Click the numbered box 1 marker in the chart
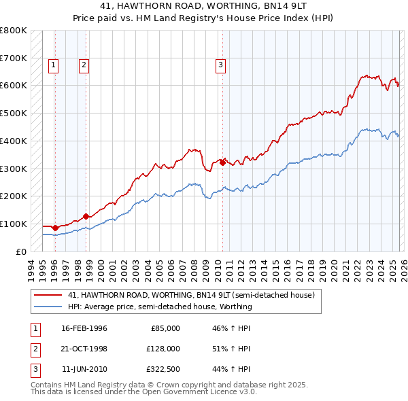[54, 65]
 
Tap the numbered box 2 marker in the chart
[84, 65]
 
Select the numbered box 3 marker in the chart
[221, 65]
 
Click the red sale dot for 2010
[222, 162]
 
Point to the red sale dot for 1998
[86, 216]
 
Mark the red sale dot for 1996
[55, 228]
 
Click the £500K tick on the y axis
[13, 113]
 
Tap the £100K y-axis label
[13, 224]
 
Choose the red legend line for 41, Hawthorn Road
[48, 296]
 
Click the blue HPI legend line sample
[48, 307]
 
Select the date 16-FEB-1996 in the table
[84, 328]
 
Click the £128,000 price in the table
[163, 348]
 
